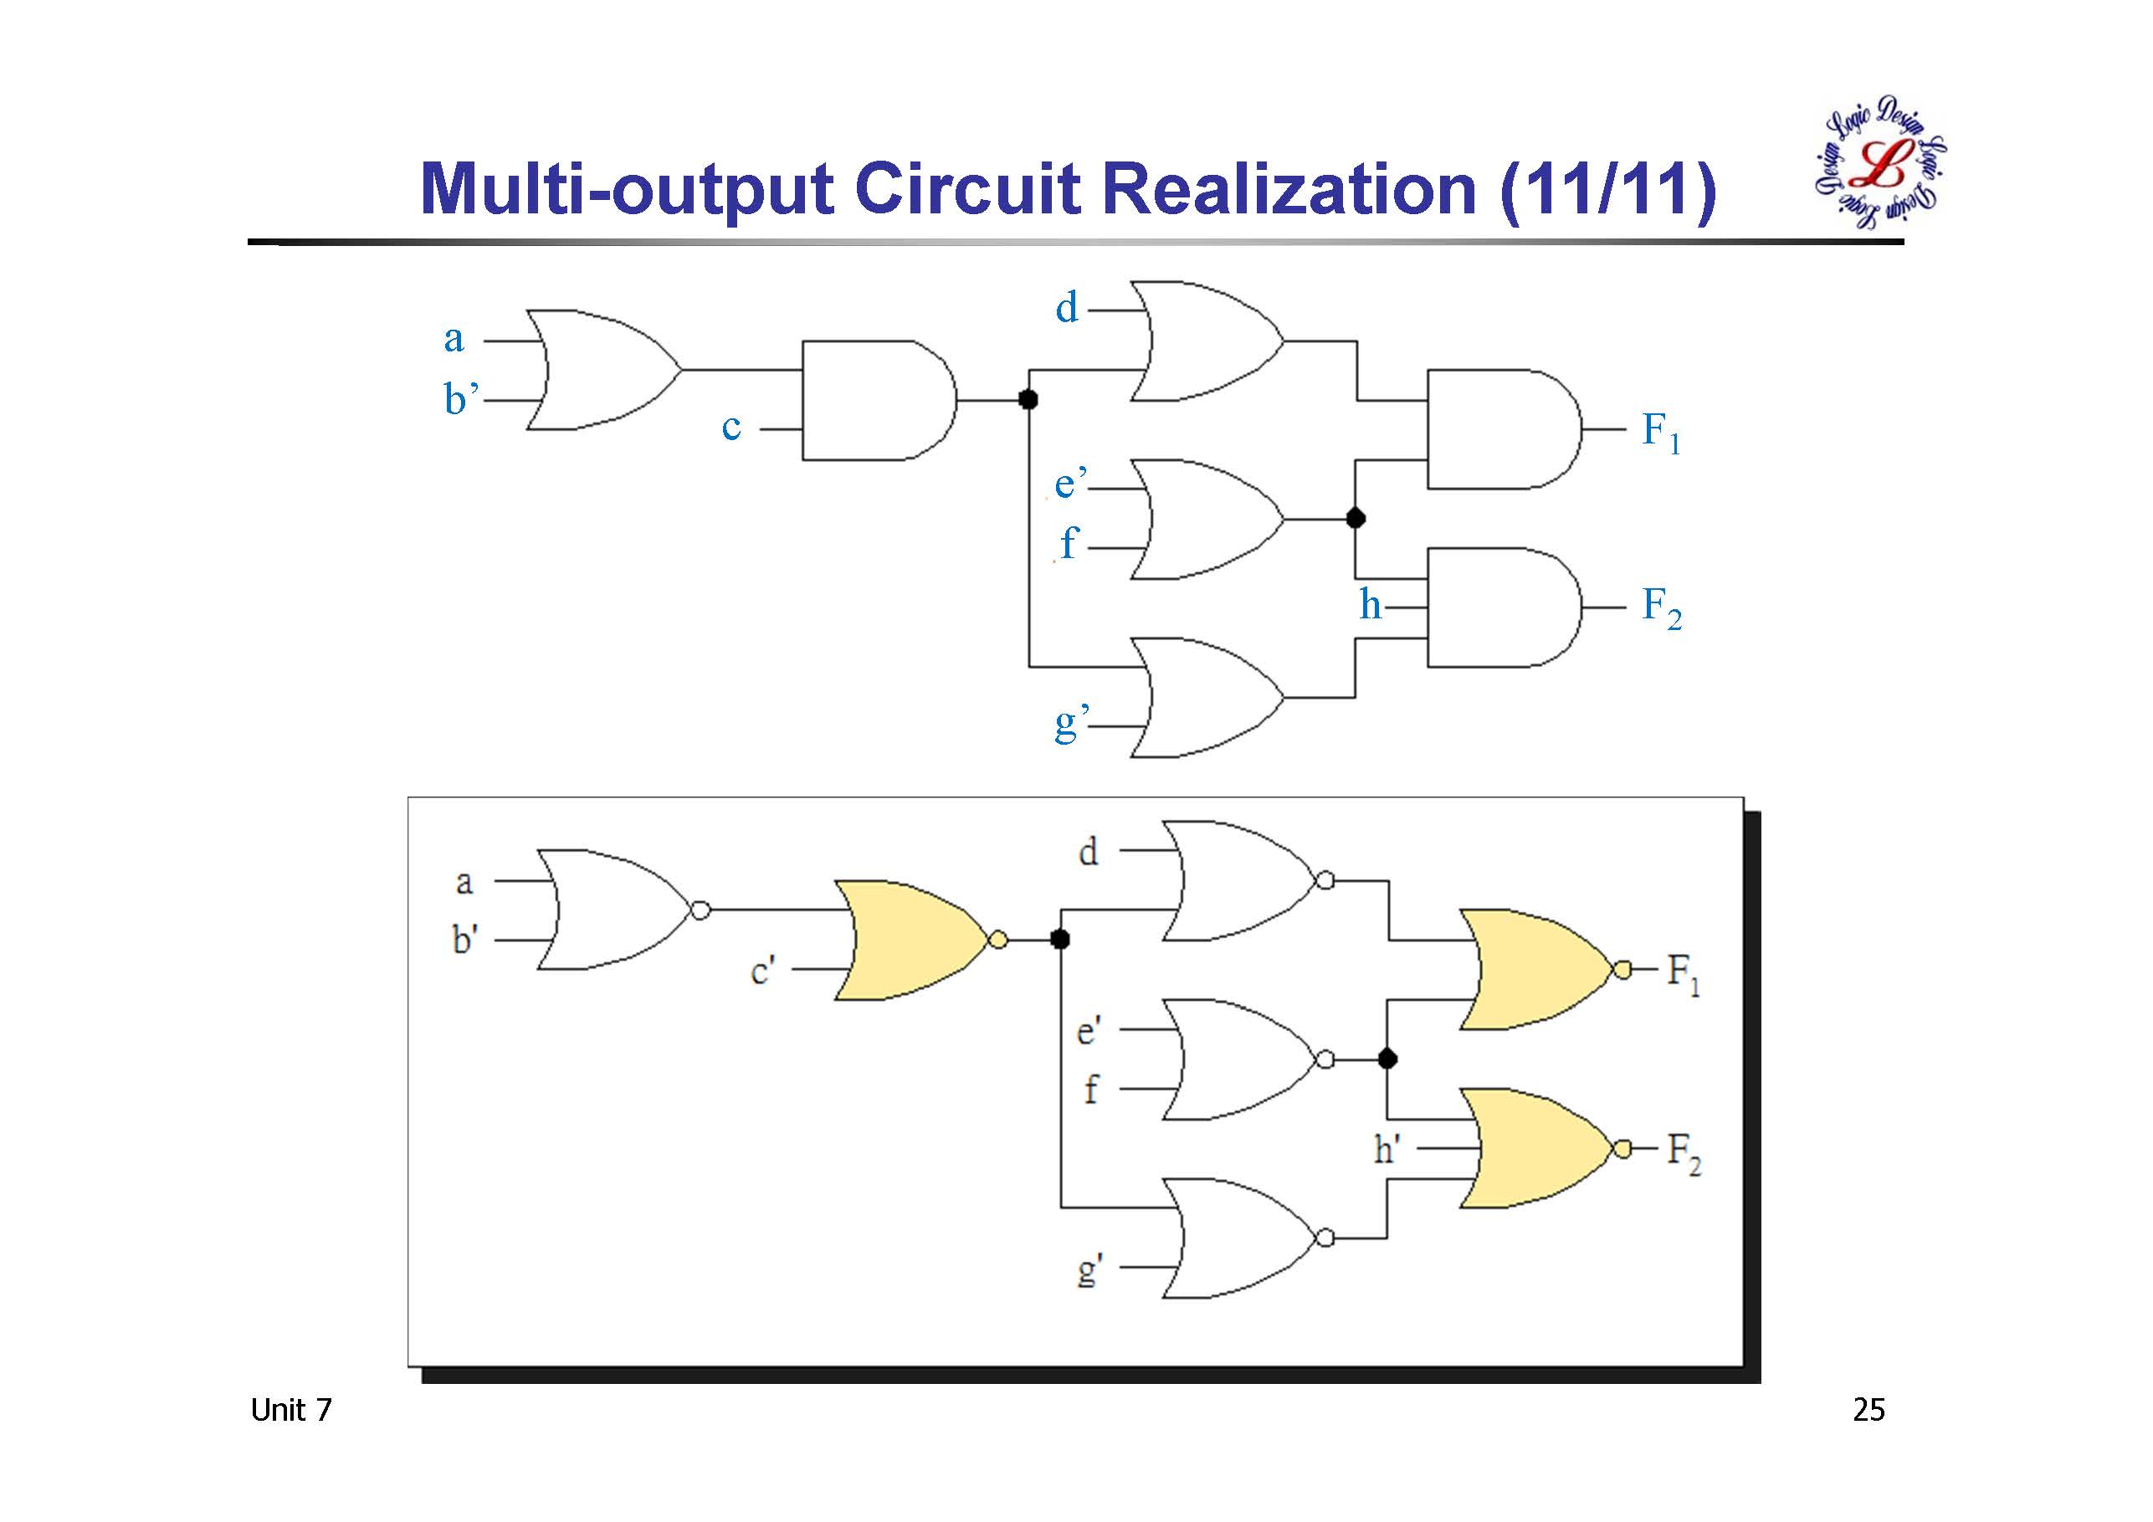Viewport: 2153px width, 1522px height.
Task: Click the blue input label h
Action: coord(1370,605)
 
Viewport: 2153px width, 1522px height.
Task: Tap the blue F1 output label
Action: coord(1661,433)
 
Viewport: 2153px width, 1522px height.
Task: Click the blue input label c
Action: coord(731,428)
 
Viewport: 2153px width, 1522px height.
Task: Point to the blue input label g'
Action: coord(1070,724)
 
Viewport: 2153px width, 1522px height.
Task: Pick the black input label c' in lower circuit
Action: coord(762,971)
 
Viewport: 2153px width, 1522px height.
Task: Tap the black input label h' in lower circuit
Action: coord(1387,1149)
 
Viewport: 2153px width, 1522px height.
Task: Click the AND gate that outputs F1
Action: coord(1501,429)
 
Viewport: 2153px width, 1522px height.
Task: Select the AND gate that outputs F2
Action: coord(1501,607)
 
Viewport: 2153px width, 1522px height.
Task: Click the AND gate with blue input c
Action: coord(876,401)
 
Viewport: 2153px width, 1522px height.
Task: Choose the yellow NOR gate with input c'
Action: coord(910,940)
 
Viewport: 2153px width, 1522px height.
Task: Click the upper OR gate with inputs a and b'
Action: coord(600,370)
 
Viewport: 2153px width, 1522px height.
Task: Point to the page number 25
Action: coord(1868,1411)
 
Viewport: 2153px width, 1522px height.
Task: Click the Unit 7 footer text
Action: coord(290,1411)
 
